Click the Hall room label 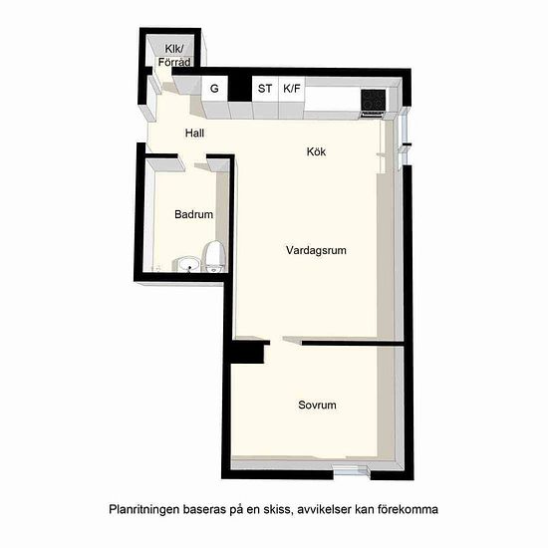(194, 134)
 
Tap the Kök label (316, 151)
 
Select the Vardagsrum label (316, 250)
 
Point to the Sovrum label (317, 405)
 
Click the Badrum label (194, 214)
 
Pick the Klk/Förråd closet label (174, 56)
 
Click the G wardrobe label (214, 89)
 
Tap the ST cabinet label (265, 89)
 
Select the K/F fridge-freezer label (292, 89)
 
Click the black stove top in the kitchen (374, 100)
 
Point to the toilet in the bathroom (214, 256)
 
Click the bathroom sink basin (188, 264)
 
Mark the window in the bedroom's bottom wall (352, 472)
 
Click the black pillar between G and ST (240, 88)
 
